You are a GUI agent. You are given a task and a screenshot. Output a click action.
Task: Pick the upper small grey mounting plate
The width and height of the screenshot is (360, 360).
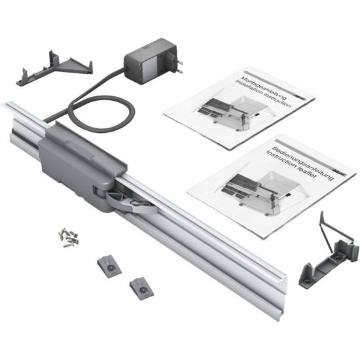pyautogui.click(x=109, y=264)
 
